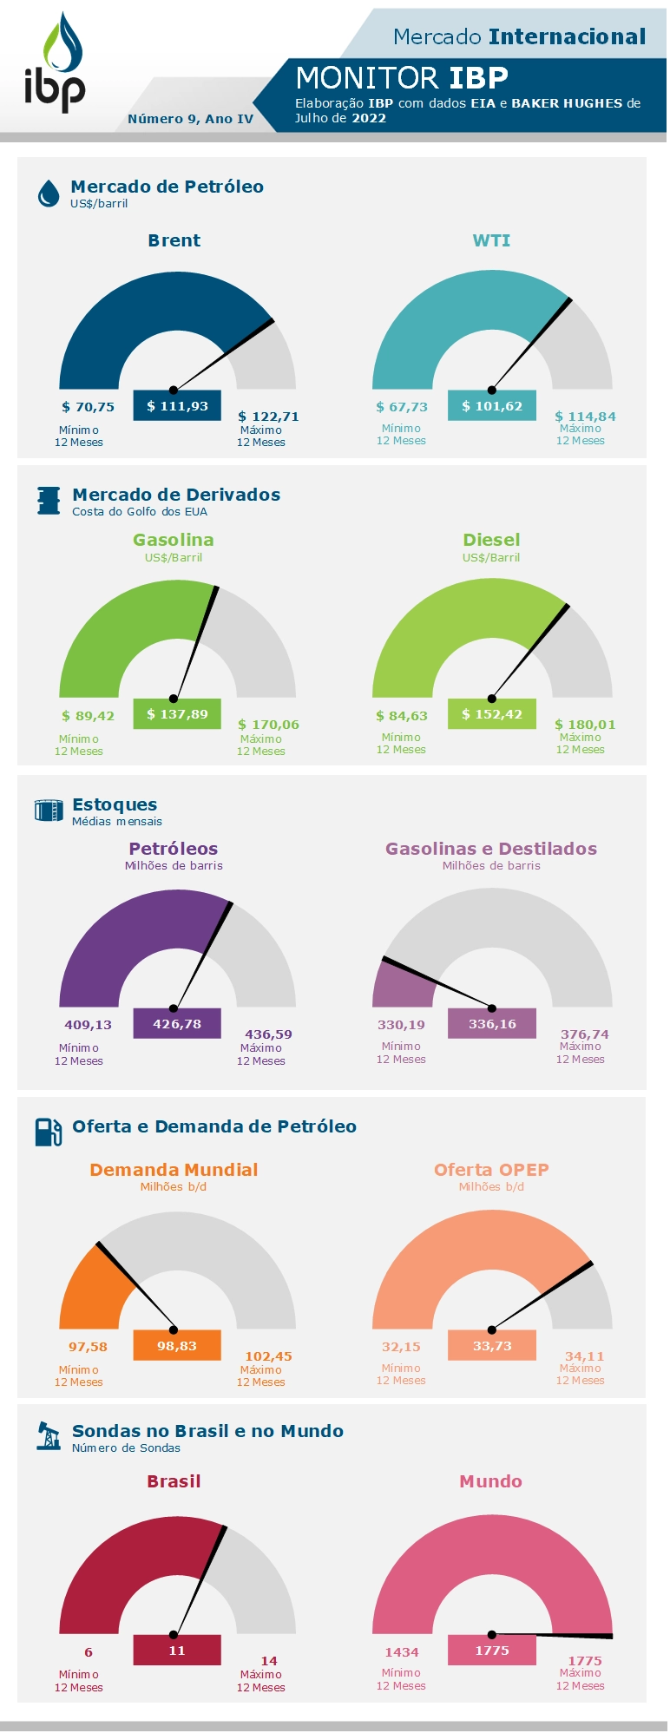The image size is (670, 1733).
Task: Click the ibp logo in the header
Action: [55, 65]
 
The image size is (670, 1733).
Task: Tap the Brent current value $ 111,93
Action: [177, 405]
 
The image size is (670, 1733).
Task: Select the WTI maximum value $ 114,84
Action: [585, 417]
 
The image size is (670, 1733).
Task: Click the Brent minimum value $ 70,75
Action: [88, 407]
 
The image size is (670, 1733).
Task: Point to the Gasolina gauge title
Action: [174, 540]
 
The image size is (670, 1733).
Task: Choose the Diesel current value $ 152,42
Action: [492, 714]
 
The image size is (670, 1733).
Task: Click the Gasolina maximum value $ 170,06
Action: [268, 725]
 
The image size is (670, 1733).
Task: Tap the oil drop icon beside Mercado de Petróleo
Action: [49, 194]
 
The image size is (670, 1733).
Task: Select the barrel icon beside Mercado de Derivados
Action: [49, 501]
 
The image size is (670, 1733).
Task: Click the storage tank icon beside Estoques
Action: [49, 811]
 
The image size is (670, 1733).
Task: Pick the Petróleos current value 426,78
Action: [177, 1024]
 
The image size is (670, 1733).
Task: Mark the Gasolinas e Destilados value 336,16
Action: [492, 1024]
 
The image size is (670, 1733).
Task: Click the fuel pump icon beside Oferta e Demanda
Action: [49, 1132]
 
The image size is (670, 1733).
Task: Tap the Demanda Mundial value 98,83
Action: [177, 1346]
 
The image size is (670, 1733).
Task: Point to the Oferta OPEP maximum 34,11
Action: [584, 1356]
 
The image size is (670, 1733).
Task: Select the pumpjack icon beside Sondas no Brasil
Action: [49, 1436]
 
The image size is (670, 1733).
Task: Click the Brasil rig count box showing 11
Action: [177, 1651]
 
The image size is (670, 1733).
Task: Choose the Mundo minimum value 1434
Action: [402, 1652]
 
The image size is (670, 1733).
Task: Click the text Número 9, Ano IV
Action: [190, 119]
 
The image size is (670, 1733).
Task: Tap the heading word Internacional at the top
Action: [568, 36]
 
